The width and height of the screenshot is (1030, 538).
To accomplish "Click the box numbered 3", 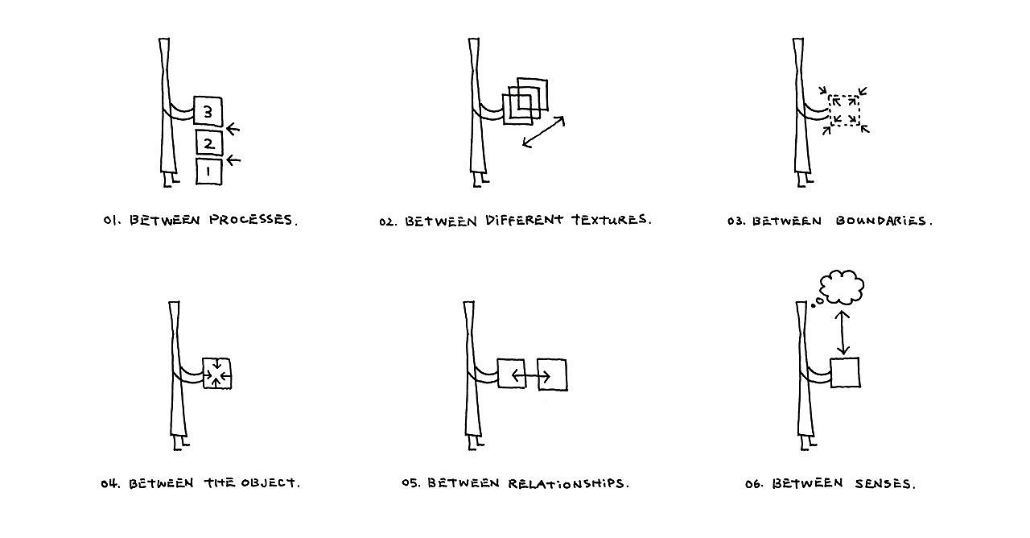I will click(x=208, y=111).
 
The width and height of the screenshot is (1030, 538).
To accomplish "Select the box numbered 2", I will click(x=208, y=143).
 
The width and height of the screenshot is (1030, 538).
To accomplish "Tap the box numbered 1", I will click(x=208, y=172).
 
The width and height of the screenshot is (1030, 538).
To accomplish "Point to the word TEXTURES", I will click(x=611, y=220).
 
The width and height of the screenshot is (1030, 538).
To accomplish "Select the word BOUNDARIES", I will click(x=884, y=221).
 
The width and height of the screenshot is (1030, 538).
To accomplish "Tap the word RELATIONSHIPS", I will click(x=568, y=483).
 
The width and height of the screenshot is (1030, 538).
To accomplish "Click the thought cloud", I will click(x=842, y=288).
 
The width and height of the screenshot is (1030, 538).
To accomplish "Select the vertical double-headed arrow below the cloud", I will click(x=843, y=333).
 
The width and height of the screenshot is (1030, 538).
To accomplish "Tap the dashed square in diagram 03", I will click(x=844, y=111).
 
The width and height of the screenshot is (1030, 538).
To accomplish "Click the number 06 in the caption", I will click(x=753, y=484).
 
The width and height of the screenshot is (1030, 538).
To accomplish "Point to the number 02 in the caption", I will click(x=389, y=221).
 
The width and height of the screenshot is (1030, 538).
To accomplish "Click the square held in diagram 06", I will click(x=845, y=373).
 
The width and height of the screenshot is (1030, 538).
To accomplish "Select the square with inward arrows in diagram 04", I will click(x=217, y=374).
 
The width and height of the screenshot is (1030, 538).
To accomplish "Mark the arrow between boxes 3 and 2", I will click(x=233, y=129).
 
